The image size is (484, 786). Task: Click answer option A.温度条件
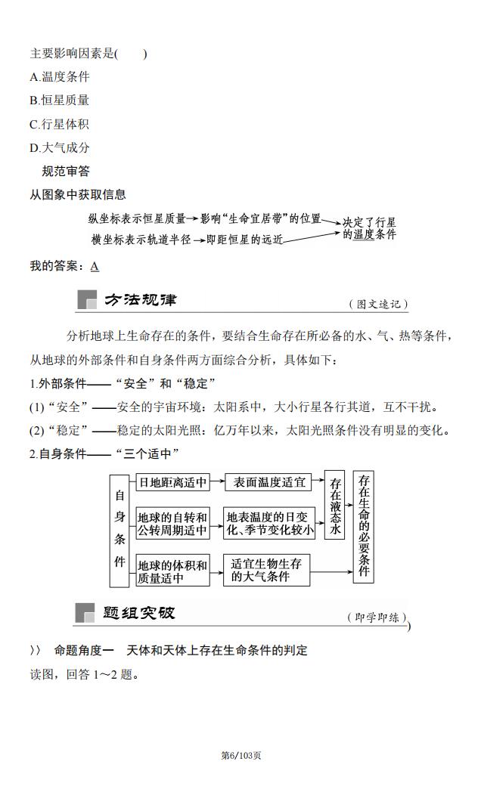(x=60, y=76)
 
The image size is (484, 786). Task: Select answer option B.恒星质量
(x=60, y=100)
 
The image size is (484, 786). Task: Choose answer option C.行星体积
(x=60, y=124)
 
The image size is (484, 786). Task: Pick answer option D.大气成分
(x=60, y=147)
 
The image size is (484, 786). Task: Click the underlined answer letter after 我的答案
(x=95, y=266)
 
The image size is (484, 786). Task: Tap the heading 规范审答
(x=66, y=172)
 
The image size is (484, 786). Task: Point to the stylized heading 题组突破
(x=139, y=613)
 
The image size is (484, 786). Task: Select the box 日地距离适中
(x=172, y=481)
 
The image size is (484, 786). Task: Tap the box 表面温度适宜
(x=269, y=481)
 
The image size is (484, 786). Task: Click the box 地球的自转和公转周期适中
(x=172, y=523)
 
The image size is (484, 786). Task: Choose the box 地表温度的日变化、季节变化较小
(x=270, y=523)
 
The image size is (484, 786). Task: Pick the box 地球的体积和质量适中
(x=172, y=571)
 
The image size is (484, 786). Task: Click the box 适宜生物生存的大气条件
(x=266, y=571)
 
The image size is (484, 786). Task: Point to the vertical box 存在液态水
(x=335, y=505)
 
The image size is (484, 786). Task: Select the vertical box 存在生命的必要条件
(x=363, y=526)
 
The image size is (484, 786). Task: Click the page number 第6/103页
(x=241, y=755)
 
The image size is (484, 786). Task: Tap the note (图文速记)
(x=378, y=305)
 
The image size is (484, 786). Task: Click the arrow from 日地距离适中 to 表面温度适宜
(x=216, y=481)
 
